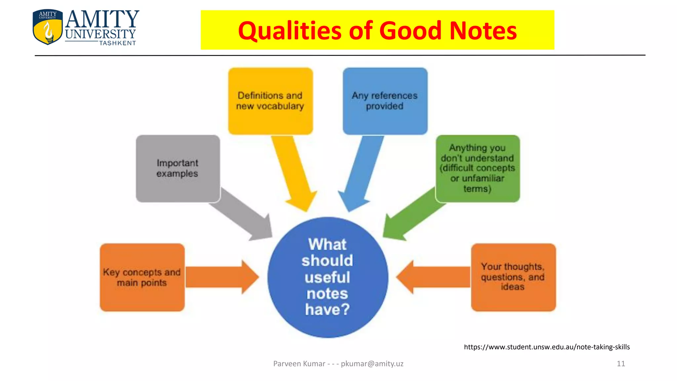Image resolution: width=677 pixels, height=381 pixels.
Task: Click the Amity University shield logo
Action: [48, 27]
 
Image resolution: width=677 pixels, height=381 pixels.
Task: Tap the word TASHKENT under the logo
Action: [118, 43]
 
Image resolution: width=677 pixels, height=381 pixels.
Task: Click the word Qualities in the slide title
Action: [289, 30]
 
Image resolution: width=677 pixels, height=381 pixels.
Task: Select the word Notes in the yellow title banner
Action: [483, 30]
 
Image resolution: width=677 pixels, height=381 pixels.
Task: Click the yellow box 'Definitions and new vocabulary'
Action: [270, 101]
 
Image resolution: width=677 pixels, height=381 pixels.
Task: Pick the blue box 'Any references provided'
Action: [385, 101]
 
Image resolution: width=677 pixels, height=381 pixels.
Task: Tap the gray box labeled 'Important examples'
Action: [178, 168]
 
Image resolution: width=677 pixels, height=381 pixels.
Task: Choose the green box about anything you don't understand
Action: [477, 168]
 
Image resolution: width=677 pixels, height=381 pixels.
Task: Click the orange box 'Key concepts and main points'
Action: [142, 277]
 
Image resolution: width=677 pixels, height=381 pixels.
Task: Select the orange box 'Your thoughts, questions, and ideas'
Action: [513, 277]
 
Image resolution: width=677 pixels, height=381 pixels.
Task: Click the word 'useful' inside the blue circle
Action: [327, 277]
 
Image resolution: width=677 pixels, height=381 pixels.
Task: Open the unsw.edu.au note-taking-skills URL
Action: [547, 347]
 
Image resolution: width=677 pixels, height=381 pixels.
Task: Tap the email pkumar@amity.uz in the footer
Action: [372, 364]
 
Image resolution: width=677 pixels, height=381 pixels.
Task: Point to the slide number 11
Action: [621, 364]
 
